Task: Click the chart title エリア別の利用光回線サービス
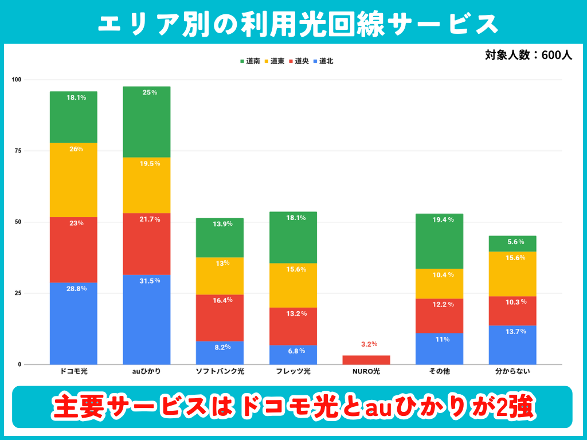pyautogui.click(x=293, y=23)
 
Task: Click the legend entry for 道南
pyautogui.click(x=250, y=61)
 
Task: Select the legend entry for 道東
pyautogui.click(x=275, y=61)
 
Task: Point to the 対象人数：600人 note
pyautogui.click(x=528, y=56)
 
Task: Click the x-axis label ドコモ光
pyautogui.click(x=73, y=372)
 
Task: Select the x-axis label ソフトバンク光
pyautogui.click(x=220, y=372)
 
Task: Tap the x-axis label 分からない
pyautogui.click(x=512, y=372)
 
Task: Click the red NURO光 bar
pyautogui.click(x=366, y=360)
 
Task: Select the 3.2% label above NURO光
pyautogui.click(x=369, y=344)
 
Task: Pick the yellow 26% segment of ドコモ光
pyautogui.click(x=73, y=180)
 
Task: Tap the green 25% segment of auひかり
pyautogui.click(x=147, y=121)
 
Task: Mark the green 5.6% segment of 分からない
pyautogui.click(x=512, y=243)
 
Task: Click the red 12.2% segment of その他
pyautogui.click(x=439, y=316)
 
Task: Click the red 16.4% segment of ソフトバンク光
pyautogui.click(x=220, y=318)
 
